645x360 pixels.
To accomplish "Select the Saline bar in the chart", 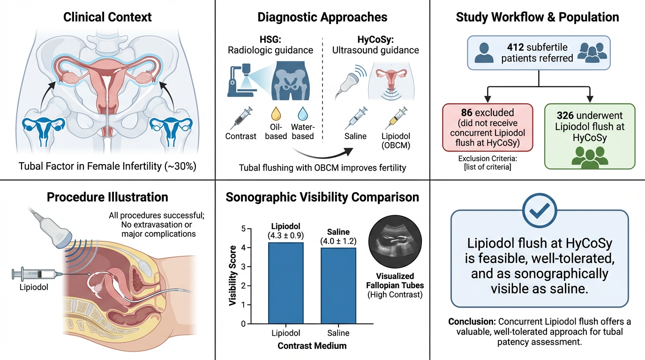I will point(337,285).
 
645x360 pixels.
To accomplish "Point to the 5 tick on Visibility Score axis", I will point(243,228).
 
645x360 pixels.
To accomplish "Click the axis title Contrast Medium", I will point(312,346).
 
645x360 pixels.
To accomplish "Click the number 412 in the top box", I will point(516,47).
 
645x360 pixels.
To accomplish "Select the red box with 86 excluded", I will point(487,127).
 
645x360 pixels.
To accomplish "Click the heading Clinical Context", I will point(107,17).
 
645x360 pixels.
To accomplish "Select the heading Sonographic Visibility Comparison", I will point(322,197).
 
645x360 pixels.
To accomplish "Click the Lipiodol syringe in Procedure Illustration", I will point(35,274).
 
